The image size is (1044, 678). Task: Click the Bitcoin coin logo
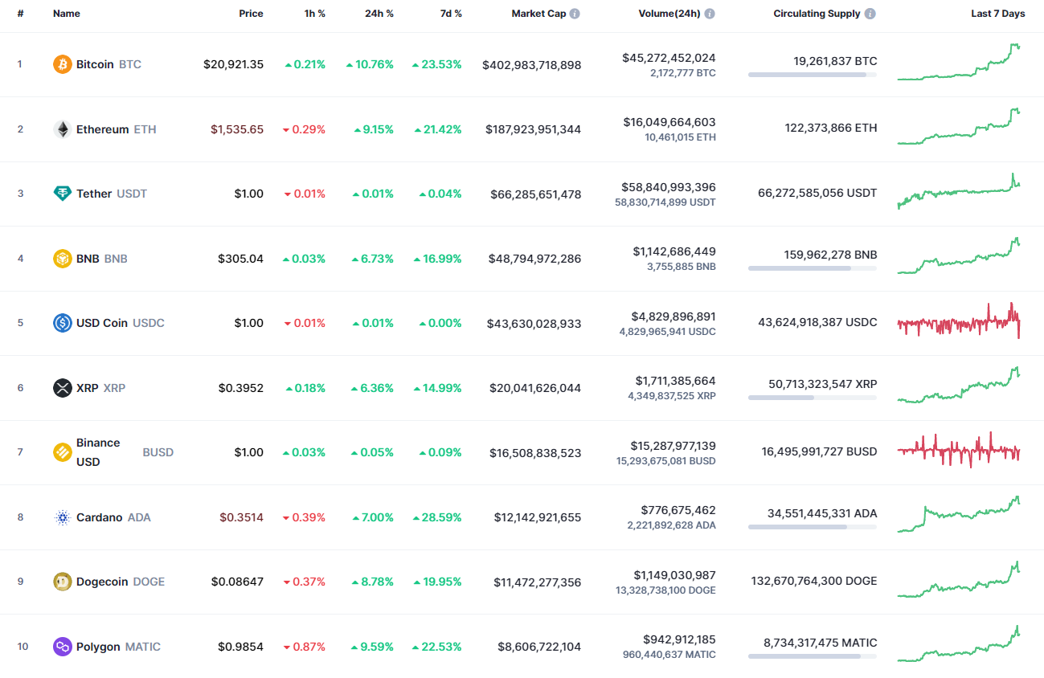point(62,64)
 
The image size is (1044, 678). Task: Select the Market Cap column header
point(538,14)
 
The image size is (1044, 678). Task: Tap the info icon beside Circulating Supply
point(870,14)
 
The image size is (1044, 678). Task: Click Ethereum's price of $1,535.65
point(237,129)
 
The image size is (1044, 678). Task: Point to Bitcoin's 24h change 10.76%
point(371,64)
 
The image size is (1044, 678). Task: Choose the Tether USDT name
point(112,194)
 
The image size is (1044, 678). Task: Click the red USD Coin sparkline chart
point(959,321)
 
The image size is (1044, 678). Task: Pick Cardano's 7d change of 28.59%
point(438,517)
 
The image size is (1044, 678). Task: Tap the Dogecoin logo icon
point(62,582)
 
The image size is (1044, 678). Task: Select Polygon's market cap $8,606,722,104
point(539,647)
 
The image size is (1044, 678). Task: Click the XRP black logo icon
point(62,388)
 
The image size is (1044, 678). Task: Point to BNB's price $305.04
point(240,259)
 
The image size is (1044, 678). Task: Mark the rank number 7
point(20,452)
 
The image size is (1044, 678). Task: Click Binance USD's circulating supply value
point(819,451)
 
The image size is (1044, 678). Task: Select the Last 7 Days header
point(997,14)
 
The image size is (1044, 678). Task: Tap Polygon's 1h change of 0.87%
point(305,647)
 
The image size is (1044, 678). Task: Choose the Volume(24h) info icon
point(710,14)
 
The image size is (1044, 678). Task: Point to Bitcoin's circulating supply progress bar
point(812,75)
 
